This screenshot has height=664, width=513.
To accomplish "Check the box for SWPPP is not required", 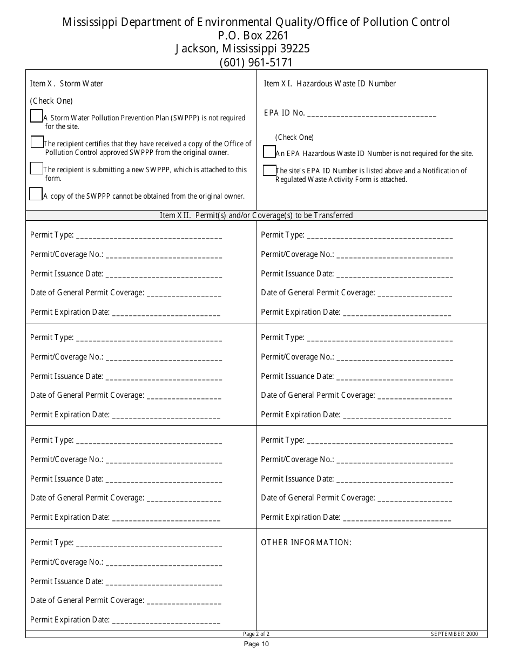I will point(36,116).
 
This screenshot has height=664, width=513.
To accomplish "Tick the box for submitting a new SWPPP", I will point(36,168).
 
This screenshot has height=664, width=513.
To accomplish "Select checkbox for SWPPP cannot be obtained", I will point(36,194).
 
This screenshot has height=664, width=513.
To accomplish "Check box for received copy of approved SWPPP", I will point(37,142).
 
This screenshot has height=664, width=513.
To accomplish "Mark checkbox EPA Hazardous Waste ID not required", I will point(269,152).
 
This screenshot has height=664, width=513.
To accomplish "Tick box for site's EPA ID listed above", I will point(269,171).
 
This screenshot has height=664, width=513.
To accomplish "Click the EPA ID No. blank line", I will point(372,114).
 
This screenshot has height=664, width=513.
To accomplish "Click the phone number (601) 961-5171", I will point(256,63).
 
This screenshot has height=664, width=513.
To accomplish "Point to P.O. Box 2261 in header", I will point(256,36).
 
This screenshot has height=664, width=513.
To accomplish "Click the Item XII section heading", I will point(256,215).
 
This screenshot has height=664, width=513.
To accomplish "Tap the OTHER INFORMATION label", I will point(306,543).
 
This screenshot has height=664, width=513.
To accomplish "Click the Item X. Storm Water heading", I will point(66,84).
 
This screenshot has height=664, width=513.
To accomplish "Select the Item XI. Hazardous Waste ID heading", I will point(329,84).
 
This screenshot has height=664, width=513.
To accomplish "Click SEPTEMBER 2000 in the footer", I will point(454,634).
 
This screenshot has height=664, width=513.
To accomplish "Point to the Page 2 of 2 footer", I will point(256,634).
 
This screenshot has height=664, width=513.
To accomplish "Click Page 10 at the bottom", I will point(256,643).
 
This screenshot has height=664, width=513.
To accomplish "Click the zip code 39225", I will point(292,49).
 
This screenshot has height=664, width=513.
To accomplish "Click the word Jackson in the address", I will point(195,49).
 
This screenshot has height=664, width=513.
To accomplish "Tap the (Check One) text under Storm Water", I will point(51,101).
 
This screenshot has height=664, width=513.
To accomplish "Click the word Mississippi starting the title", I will point(88,22).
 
